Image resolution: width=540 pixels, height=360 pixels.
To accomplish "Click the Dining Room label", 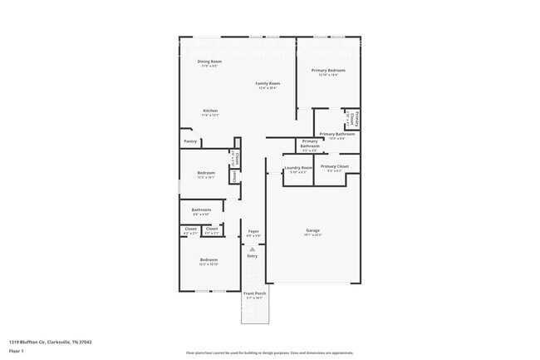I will tap(209, 62).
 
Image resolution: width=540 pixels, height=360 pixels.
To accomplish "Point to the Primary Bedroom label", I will tap(328, 71).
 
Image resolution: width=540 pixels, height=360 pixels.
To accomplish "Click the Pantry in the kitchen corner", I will tap(190, 141).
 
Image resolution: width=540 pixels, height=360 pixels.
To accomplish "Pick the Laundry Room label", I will tap(297, 168).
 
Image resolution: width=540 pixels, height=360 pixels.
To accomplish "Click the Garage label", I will tap(313, 230).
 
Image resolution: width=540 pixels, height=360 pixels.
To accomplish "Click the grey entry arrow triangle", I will tap(253, 249).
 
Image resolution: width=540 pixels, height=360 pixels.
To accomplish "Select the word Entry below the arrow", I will tap(253, 256).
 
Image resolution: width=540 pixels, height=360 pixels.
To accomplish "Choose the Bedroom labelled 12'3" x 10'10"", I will tap(209, 260).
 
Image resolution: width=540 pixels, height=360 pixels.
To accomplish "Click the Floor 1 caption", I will tap(17, 353).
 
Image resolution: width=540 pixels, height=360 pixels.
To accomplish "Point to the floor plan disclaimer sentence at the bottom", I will tap(269, 353).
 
